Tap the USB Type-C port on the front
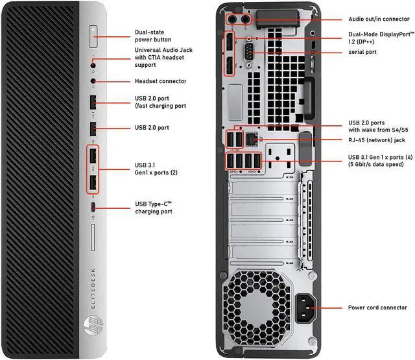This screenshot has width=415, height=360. tap(94, 208)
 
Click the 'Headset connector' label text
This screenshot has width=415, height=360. tap(160, 81)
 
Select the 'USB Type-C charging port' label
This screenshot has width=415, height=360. tap(154, 208)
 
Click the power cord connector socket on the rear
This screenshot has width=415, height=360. tap(305, 307)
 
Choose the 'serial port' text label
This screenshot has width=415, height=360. tap(362, 52)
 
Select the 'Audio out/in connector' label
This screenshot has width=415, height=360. tap(379, 19)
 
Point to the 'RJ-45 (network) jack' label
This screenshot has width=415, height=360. tap(377, 139)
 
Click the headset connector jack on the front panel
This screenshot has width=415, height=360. tap(94, 82)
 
